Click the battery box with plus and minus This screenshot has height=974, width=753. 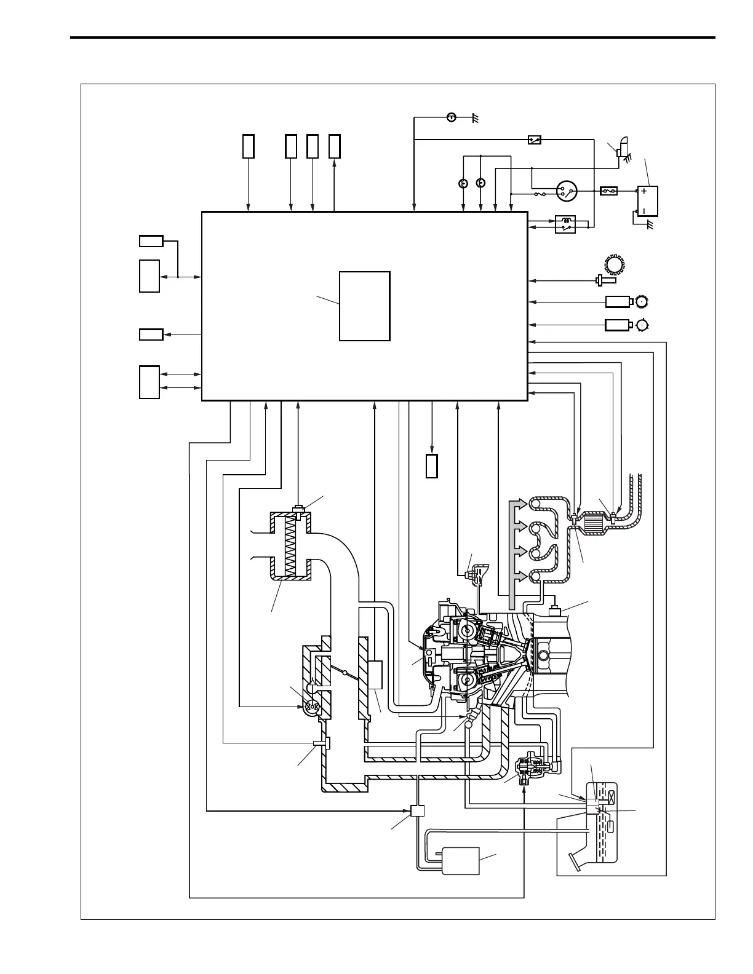tap(647, 202)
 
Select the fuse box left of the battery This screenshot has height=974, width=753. tap(608, 191)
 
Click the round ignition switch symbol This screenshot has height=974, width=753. tap(566, 192)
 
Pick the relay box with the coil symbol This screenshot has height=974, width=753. tap(565, 224)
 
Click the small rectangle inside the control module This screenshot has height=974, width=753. tap(364, 306)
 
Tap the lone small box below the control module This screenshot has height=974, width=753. tap(431, 465)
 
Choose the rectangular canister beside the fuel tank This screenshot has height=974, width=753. tap(460, 860)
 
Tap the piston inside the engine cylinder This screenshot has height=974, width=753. tap(544, 656)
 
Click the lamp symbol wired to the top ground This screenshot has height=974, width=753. tap(451, 117)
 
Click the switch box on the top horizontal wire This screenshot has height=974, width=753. tap(535, 140)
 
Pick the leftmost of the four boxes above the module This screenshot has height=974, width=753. tap(248, 146)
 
